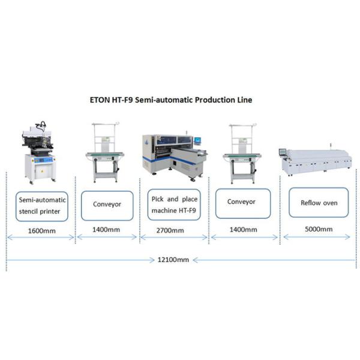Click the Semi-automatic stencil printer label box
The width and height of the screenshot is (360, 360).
pyautogui.click(x=41, y=204)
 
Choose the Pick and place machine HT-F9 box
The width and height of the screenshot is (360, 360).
pyautogui.click(x=173, y=204)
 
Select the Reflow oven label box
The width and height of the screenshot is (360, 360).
pyautogui.click(x=319, y=203)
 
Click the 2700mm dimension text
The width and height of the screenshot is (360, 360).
pyautogui.click(x=173, y=230)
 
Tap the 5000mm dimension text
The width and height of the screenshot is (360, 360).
pyautogui.click(x=318, y=229)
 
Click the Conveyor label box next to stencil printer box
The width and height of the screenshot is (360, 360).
pyautogui.click(x=107, y=204)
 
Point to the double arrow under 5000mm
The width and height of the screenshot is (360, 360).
pyautogui.click(x=318, y=238)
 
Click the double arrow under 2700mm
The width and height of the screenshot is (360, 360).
pyautogui.click(x=173, y=238)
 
